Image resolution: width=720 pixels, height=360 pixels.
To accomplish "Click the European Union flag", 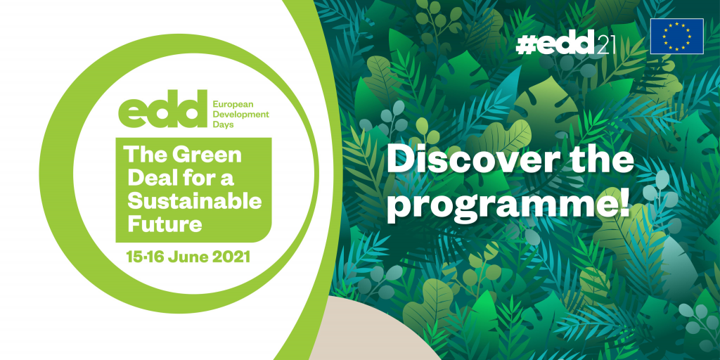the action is [x=677, y=37].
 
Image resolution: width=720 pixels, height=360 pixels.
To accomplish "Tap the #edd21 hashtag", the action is [x=565, y=44].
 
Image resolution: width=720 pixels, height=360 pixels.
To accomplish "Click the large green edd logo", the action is [x=162, y=108].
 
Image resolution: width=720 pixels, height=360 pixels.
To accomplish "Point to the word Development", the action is [x=240, y=115].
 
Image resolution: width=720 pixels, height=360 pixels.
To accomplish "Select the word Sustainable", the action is [x=195, y=201].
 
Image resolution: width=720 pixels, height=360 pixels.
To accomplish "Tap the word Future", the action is [x=165, y=224].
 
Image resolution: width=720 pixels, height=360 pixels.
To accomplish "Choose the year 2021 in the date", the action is [x=231, y=257].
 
